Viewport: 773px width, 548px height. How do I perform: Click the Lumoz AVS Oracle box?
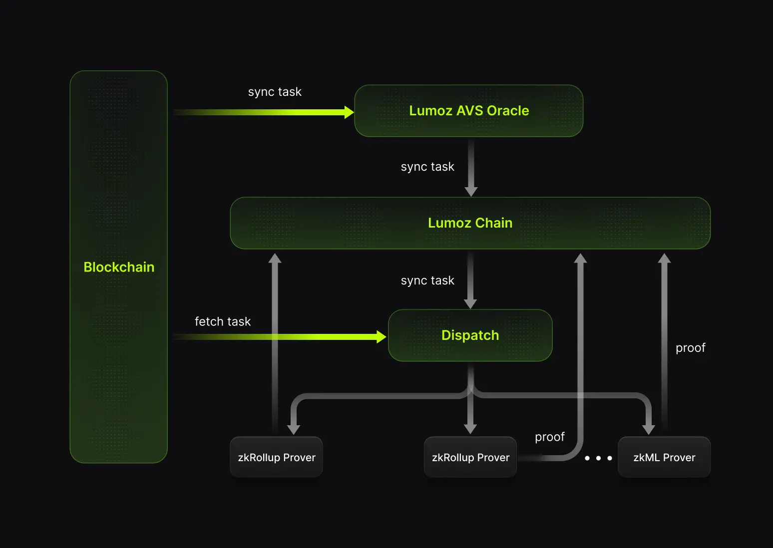click(468, 111)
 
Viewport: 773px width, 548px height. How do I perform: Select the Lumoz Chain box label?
click(470, 223)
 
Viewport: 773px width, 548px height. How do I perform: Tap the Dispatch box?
click(470, 335)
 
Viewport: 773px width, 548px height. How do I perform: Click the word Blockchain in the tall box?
click(119, 267)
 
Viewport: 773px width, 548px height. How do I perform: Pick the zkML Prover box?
click(664, 457)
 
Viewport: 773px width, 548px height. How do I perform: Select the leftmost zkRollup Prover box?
click(276, 457)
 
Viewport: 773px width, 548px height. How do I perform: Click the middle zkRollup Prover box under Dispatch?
click(470, 457)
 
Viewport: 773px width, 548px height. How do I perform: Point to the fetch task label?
click(223, 321)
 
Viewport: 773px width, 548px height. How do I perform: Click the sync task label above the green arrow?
click(275, 92)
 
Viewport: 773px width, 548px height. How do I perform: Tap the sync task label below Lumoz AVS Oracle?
click(427, 167)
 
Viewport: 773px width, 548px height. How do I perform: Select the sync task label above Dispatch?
click(427, 280)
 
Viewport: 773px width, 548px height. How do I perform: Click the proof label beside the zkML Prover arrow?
click(690, 348)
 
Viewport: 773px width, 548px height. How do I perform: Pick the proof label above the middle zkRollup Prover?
click(549, 437)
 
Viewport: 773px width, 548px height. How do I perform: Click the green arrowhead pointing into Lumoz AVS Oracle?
click(349, 112)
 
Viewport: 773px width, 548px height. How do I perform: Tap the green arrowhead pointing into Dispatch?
click(382, 337)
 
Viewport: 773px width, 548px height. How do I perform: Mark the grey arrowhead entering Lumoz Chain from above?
click(471, 192)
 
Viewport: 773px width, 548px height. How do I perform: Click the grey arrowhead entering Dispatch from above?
click(470, 304)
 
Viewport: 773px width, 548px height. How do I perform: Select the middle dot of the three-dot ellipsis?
click(598, 458)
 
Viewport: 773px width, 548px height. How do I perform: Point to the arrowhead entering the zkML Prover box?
click(648, 430)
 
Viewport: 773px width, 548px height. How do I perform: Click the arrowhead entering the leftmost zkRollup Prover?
click(294, 430)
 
